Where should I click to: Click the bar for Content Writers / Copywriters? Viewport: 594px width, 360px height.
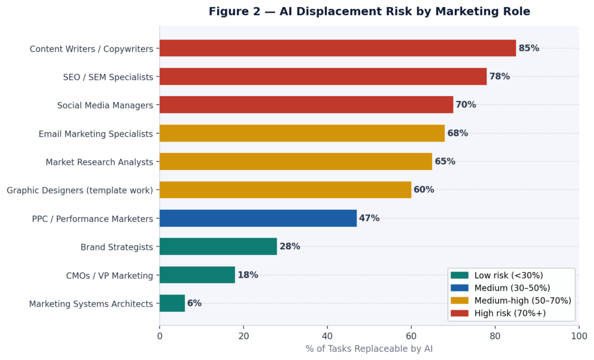338,48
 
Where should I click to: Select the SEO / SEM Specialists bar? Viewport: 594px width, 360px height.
323,77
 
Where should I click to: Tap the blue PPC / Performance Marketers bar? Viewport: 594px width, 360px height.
258,219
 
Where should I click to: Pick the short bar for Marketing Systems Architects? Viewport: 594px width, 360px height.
172,303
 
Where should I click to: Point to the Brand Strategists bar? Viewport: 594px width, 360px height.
218,247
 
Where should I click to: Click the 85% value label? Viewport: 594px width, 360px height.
529,48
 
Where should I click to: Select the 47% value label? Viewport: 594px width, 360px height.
369,219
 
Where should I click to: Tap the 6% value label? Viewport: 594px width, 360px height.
194,303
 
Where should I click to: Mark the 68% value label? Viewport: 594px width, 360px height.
458,133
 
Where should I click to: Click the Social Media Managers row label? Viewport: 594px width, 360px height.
105,105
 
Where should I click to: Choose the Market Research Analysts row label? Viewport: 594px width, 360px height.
99,162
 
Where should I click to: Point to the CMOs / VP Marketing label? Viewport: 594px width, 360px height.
110,275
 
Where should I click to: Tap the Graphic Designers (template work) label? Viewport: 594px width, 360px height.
80,190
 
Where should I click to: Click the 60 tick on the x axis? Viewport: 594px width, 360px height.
411,336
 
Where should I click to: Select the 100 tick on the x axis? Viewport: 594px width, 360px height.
578,336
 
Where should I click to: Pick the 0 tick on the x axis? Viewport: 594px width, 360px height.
160,336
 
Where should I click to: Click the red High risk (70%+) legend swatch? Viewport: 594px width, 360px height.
459,313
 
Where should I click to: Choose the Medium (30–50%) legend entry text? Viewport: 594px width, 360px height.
512,288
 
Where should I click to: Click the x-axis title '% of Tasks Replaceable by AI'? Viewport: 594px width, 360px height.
369,349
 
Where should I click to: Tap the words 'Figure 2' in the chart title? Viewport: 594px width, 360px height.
232,12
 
